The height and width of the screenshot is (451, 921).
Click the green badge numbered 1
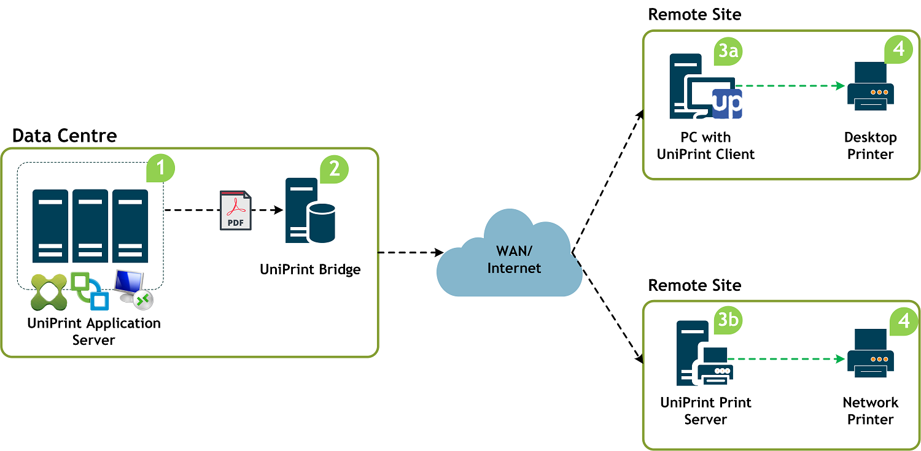[x=160, y=168]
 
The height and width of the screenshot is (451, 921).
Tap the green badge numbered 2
[x=334, y=169]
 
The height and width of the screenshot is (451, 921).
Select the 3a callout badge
[x=728, y=52]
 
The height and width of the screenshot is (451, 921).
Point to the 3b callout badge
[x=728, y=320]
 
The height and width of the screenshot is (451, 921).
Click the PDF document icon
[x=236, y=210]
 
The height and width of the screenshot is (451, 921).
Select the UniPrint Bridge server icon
[x=310, y=210]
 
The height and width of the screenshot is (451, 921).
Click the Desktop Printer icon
[x=871, y=87]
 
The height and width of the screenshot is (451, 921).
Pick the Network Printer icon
[x=871, y=353]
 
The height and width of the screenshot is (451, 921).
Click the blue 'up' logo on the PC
[x=727, y=104]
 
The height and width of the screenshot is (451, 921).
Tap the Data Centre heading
[x=64, y=136]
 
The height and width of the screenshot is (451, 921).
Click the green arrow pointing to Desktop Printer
[x=790, y=86]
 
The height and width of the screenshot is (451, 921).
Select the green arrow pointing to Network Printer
[x=786, y=359]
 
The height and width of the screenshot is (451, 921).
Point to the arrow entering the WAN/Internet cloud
[x=411, y=252]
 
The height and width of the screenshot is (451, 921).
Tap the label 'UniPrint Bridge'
[x=310, y=269]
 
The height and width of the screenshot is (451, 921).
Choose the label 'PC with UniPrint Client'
[x=705, y=145]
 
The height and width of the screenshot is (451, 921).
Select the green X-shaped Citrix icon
[x=49, y=292]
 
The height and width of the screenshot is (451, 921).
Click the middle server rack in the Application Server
[x=90, y=226]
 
